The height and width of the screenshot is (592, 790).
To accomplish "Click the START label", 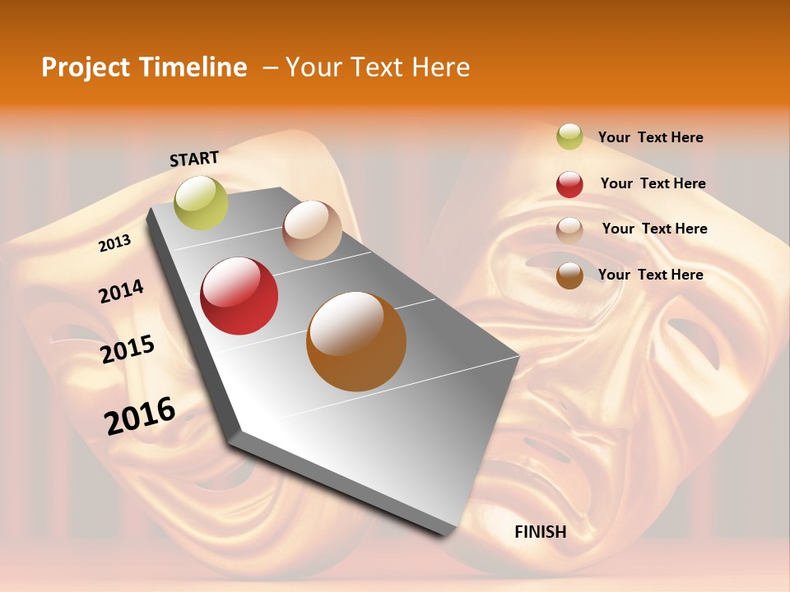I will [194, 159].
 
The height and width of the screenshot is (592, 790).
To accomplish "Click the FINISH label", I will [540, 532].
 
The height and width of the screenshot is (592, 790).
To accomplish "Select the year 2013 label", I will [114, 243].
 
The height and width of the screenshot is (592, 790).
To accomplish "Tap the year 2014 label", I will [121, 291].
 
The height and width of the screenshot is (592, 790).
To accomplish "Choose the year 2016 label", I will [140, 416].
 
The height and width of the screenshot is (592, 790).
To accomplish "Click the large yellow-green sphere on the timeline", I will [201, 203].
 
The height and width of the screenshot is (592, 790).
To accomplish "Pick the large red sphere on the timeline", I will [239, 296].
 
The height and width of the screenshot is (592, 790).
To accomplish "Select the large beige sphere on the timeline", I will [312, 230].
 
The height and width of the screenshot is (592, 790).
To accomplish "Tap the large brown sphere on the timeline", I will [356, 341].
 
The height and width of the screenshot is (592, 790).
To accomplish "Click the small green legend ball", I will [569, 136].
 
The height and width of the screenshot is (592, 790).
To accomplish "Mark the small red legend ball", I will [569, 184].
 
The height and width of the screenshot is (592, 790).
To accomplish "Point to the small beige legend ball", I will [569, 230].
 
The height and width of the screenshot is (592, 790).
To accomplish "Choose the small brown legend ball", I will [569, 275].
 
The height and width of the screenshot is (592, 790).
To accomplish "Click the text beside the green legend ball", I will [650, 137].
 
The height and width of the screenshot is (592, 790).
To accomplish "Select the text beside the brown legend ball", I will [650, 275].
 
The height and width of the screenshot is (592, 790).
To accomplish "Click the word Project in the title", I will [85, 67].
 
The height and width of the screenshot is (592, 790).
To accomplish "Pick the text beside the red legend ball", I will [653, 183].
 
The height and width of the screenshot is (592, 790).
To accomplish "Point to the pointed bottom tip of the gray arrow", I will [448, 534].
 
